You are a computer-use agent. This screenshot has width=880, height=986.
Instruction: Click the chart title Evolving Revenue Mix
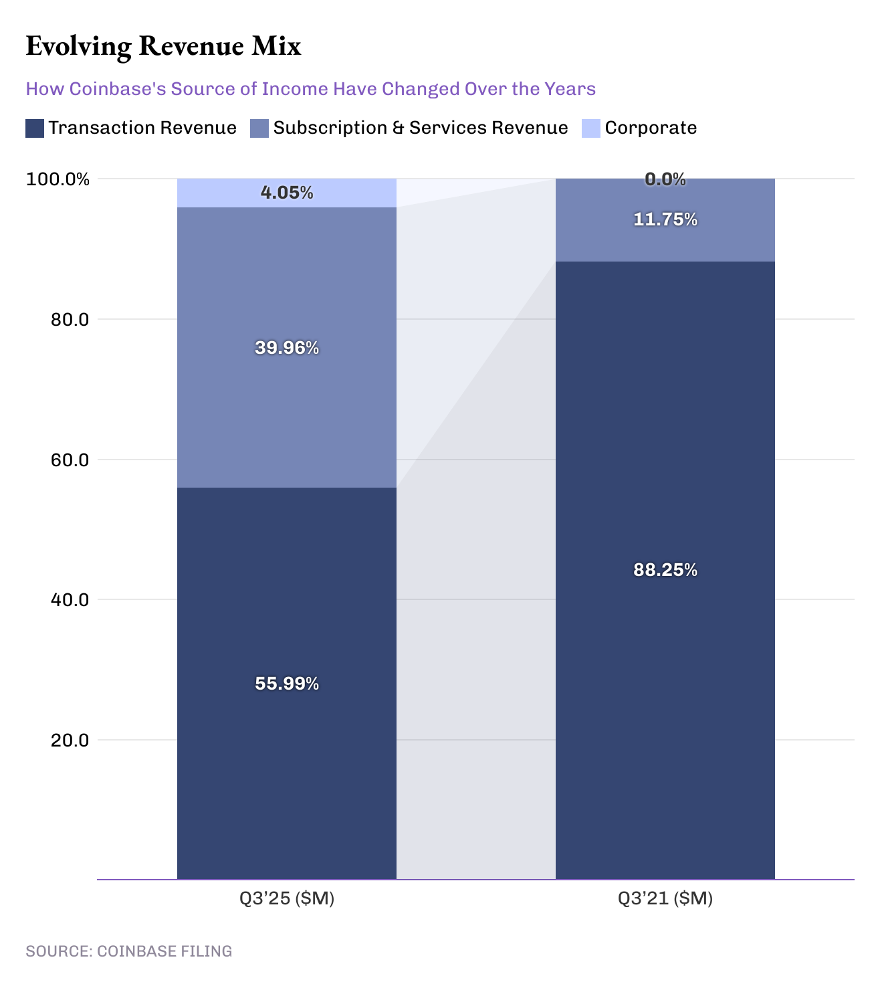pos(163,46)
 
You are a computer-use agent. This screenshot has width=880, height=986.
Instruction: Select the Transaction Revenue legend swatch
pos(35,128)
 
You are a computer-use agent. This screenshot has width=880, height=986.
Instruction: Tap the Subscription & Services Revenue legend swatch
pos(259,128)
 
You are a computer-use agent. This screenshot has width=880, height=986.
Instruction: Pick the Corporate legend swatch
pos(591,128)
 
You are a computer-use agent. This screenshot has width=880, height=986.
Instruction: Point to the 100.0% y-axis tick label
pos(58,179)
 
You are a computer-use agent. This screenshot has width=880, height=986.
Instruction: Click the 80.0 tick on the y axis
pos(70,319)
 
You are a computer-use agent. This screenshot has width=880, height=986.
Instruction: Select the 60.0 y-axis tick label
pos(70,460)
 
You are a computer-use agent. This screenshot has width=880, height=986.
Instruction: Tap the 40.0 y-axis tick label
pos(70,599)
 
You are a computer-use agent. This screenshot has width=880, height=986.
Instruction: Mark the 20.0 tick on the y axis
pos(70,740)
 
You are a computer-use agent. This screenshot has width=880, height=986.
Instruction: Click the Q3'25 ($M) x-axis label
pos(287,898)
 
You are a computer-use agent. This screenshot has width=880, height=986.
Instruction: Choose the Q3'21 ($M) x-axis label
pos(665,898)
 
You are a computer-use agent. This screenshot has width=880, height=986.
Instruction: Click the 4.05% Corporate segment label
pos(287,193)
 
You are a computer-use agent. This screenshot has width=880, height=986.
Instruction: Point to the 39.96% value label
pos(287,348)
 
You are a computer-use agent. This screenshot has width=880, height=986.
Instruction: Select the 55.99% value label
pos(287,684)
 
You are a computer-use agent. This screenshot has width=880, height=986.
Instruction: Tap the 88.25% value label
pos(665,570)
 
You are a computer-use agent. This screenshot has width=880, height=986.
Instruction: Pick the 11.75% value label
pos(665,219)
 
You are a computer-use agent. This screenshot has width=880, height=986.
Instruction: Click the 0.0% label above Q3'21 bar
pos(665,179)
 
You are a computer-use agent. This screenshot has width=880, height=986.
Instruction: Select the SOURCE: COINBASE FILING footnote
pos(129,951)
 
